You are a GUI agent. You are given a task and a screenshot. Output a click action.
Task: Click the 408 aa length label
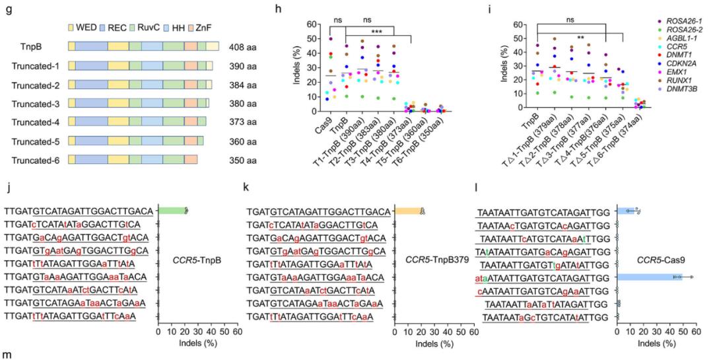240,48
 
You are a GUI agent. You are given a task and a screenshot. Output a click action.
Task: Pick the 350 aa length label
240,160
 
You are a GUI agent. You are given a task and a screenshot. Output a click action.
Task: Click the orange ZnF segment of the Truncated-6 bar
191,160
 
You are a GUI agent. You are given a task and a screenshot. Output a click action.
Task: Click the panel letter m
6,355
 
